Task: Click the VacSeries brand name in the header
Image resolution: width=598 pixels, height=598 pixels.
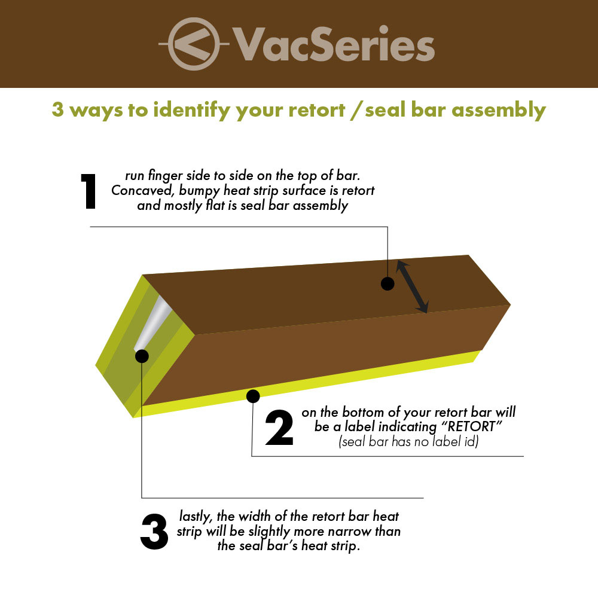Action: click(334, 44)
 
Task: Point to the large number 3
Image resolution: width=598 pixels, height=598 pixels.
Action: click(155, 532)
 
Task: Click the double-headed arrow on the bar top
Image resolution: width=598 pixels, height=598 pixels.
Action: click(412, 287)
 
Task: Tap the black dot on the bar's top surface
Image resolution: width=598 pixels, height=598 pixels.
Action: click(388, 283)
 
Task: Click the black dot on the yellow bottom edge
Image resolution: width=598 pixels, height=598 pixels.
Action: click(253, 395)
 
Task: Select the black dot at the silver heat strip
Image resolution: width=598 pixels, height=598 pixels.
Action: click(142, 356)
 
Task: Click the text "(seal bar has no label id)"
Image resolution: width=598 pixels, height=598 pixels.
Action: click(408, 443)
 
